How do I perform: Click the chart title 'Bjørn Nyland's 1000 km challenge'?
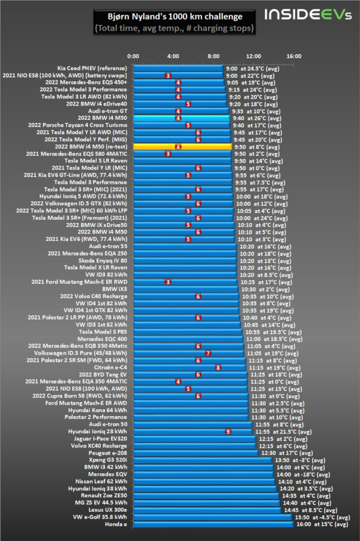173,16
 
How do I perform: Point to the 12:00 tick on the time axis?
254,56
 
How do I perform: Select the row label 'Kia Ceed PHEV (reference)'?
92,68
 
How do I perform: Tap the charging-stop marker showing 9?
228,432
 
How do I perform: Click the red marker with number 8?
218,367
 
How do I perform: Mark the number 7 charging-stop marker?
208,353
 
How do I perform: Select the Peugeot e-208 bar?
196,453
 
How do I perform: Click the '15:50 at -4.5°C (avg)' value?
322,517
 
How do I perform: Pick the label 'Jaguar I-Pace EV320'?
99,439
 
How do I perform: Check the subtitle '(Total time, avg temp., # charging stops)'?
173,27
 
